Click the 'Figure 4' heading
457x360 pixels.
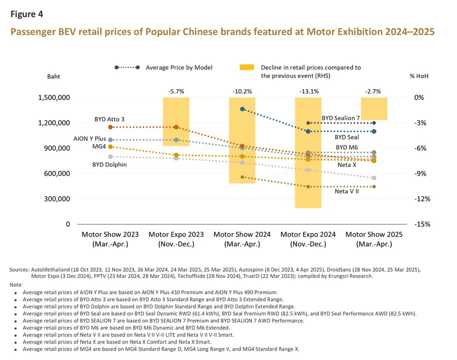pyautogui.click(x=27, y=14)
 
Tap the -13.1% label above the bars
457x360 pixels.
pyautogui.click(x=308, y=91)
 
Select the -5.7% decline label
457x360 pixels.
pyautogui.click(x=176, y=91)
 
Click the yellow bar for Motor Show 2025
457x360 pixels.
pyautogui.click(x=374, y=109)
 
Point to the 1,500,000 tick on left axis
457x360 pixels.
pyautogui.click(x=54, y=98)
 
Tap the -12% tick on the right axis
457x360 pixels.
pyautogui.click(x=422, y=199)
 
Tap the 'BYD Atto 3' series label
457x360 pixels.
pyautogui.click(x=109, y=119)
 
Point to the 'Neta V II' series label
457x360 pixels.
pyautogui.click(x=347, y=192)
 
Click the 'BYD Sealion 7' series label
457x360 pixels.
pyautogui.click(x=341, y=118)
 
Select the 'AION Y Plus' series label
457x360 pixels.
pyautogui.click(x=90, y=139)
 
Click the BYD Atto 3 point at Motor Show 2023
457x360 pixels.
pyautogui.click(x=110, y=127)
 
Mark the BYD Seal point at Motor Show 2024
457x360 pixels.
pyautogui.click(x=242, y=109)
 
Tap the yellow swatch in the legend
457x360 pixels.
pyautogui.click(x=247, y=67)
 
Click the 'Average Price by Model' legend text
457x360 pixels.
pyautogui.click(x=179, y=67)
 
